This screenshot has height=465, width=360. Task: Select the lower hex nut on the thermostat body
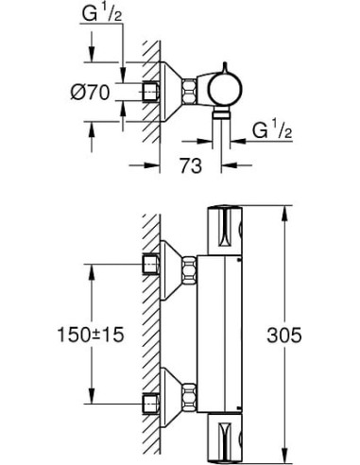point(193,391)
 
